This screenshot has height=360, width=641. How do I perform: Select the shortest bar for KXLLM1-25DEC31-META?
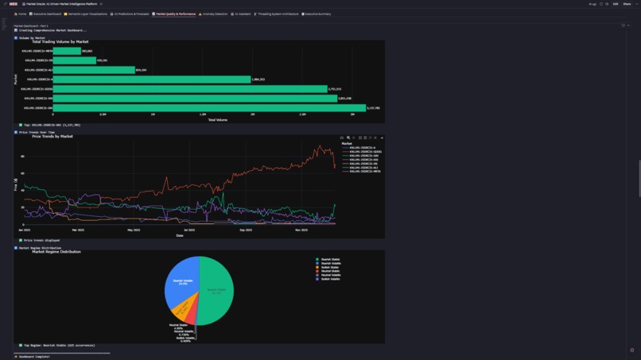pos(67,51)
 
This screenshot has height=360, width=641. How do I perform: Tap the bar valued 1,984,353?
pos(152,79)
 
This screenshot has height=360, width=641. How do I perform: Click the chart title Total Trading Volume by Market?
pos(60,41)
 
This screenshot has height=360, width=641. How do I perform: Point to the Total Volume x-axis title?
pos(217,120)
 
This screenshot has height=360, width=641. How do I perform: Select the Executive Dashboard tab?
pos(46,14)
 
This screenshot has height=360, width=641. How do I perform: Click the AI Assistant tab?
pos(240,14)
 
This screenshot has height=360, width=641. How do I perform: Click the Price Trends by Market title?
pos(52,137)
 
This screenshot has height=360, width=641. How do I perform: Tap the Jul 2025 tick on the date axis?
pos(189,230)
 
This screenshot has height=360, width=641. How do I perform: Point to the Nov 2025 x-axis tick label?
pos(301,230)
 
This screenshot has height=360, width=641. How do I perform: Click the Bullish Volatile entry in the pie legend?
pos(329,279)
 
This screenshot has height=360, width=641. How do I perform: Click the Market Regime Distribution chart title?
pos(56,252)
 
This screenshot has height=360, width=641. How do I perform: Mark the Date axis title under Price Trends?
pos(180,235)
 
